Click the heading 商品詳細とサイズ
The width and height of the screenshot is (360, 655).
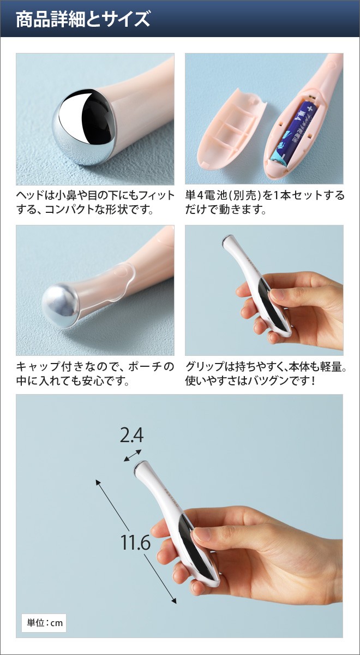(x=82, y=19)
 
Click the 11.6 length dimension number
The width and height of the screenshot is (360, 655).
(x=135, y=543)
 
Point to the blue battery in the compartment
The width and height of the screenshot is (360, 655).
(x=294, y=131)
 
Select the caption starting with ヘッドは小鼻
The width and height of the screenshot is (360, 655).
(x=95, y=202)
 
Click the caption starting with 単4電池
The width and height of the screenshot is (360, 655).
(x=265, y=202)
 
